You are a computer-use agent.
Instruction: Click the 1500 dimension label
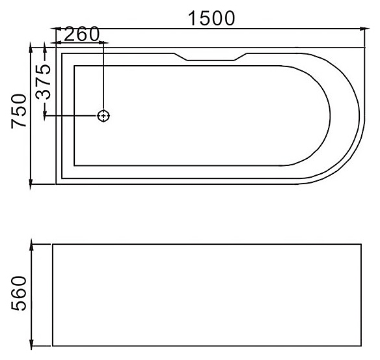point(211,18)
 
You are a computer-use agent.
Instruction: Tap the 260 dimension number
point(81,34)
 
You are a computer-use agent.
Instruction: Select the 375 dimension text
point(43,83)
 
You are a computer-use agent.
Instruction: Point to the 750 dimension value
point(18,111)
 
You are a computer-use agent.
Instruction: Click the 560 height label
point(18,294)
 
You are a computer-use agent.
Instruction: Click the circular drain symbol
point(103,116)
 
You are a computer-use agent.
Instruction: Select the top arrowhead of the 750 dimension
point(31,48)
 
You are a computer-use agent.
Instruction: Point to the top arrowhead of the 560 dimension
point(31,244)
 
